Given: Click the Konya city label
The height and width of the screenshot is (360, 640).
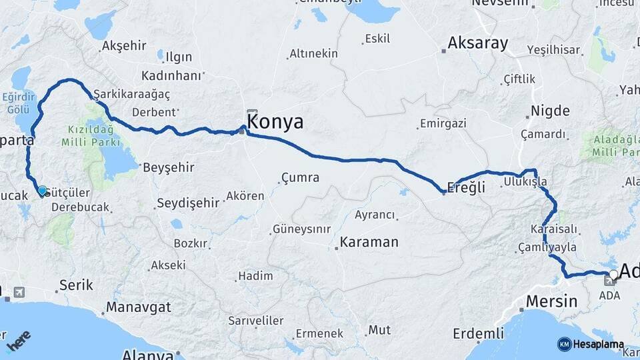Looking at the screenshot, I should pos(275,122).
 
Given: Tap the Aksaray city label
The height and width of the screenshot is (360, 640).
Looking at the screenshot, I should pos(477,44).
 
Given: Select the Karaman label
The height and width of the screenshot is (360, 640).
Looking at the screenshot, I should pos(369,242).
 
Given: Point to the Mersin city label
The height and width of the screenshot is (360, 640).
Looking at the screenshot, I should pos(551,301).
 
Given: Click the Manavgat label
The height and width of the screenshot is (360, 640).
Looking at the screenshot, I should pos(138,307).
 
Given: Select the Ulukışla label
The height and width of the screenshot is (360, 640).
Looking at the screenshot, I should pos(525,181).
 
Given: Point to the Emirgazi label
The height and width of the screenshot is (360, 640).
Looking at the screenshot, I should pos(443,123).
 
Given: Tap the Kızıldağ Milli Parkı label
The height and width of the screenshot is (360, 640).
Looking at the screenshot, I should pos(90,135).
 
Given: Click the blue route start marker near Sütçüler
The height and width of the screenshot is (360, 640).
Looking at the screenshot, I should pos(43,191).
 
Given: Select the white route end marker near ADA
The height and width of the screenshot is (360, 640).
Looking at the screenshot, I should pos(613,274).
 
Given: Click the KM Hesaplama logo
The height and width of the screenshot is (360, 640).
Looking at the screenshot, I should pos(591,344).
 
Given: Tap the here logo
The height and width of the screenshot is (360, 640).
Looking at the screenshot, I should pos(18,341).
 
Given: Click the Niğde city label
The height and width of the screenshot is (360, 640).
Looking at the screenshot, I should pos(550,111).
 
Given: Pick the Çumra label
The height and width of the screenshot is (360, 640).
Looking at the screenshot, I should pos(300,178).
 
